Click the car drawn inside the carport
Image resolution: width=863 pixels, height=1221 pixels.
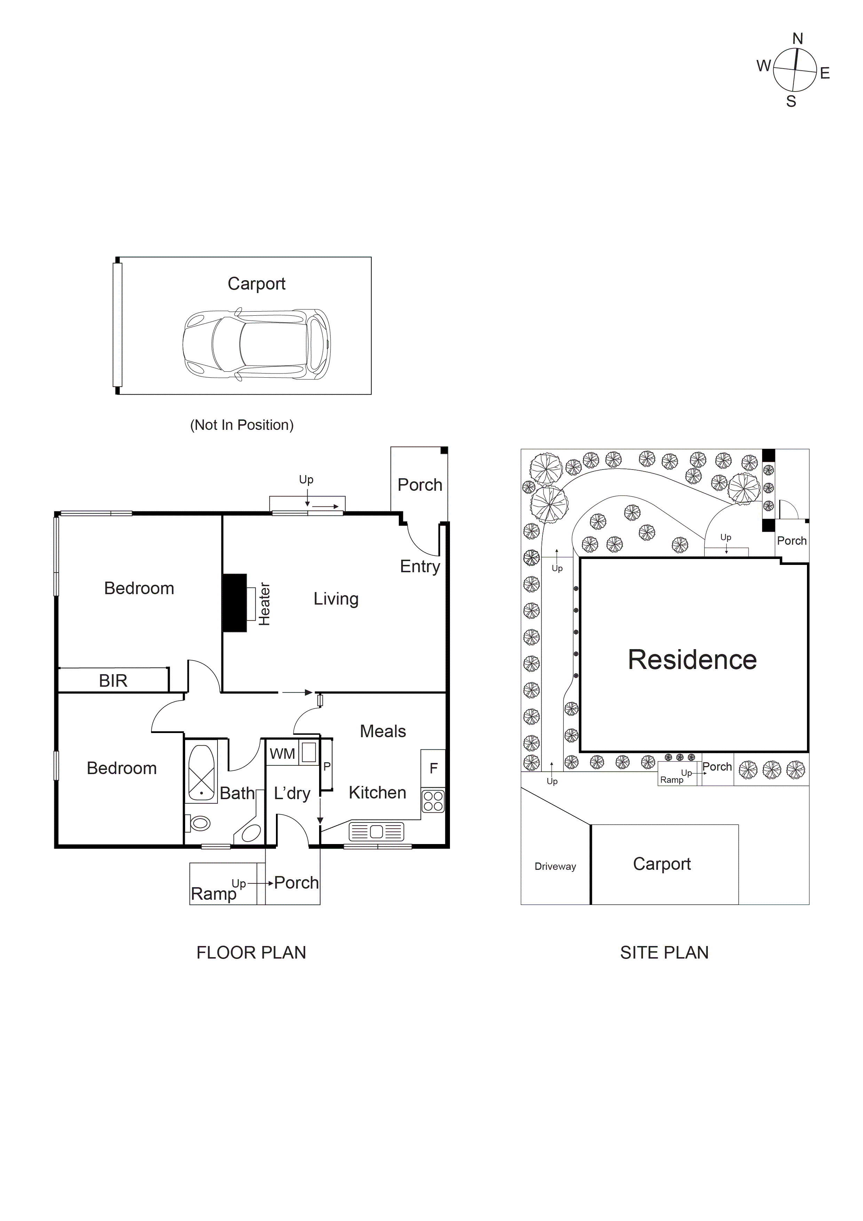click(256, 344)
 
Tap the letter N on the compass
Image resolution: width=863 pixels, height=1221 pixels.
click(797, 39)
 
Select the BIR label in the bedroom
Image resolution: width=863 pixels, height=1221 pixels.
click(113, 681)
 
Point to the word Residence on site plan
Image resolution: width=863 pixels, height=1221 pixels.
click(692, 660)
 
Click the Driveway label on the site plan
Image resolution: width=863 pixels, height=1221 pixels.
click(555, 866)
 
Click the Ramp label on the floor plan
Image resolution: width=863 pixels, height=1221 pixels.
click(213, 893)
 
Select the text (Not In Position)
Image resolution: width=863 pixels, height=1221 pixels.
click(242, 425)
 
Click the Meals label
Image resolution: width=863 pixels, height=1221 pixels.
click(382, 731)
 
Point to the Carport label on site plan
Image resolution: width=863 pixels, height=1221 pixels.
click(662, 864)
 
